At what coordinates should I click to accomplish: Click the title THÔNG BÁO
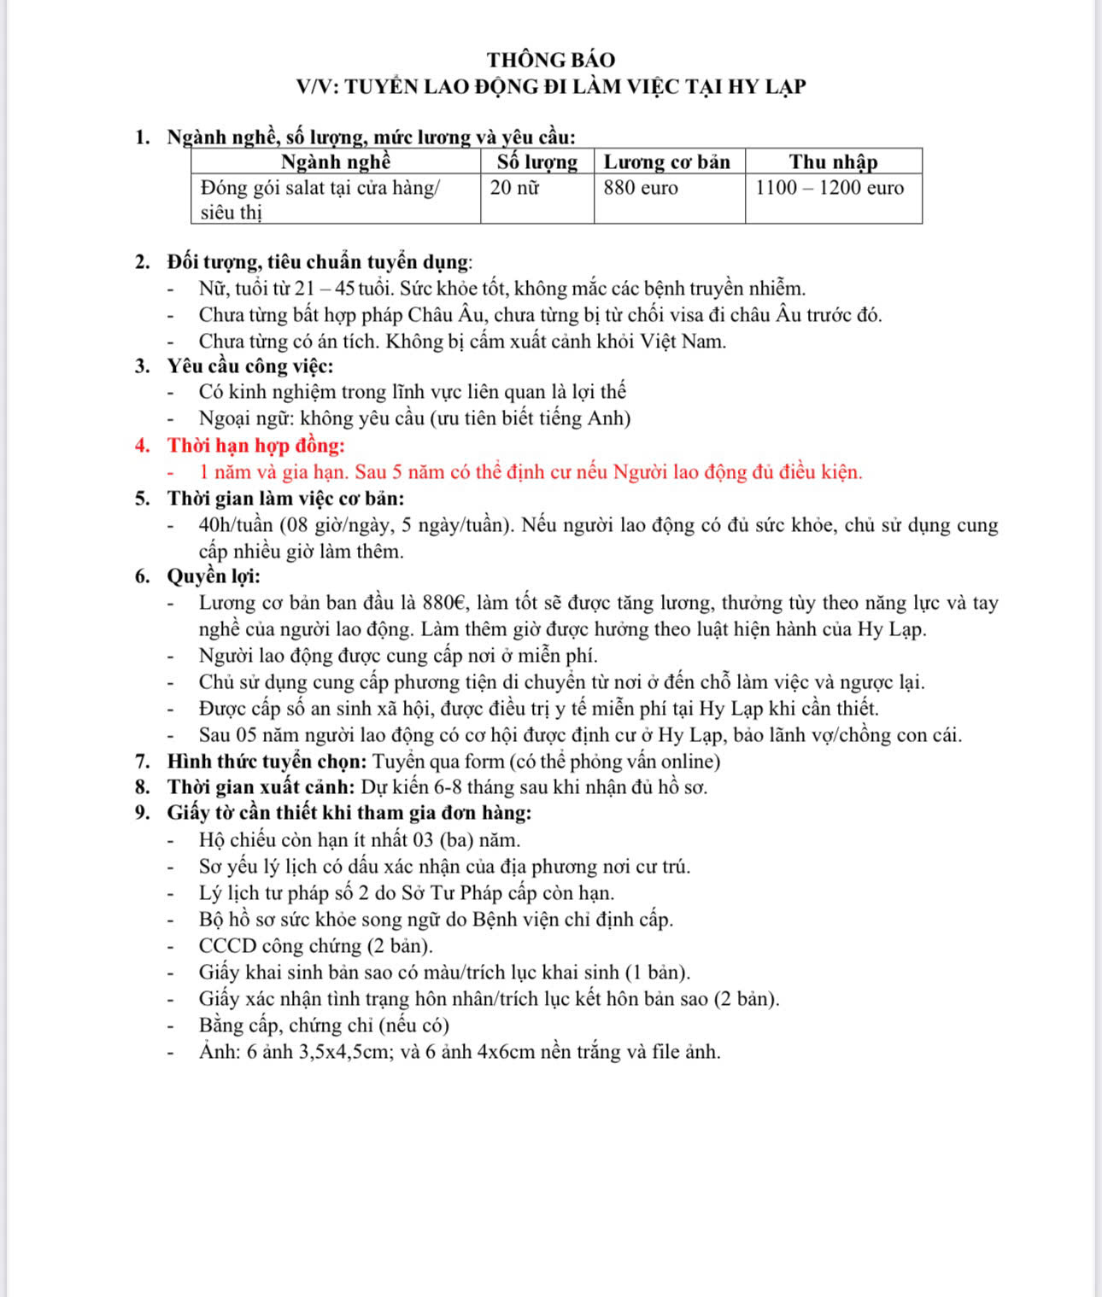[551, 60]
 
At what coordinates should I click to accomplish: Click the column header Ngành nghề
[336, 161]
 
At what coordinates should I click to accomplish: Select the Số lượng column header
[537, 161]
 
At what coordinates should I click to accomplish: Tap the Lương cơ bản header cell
[667, 161]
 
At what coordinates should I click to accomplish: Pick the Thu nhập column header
[833, 161]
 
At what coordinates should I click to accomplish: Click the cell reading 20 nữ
[514, 188]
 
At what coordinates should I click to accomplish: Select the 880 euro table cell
[640, 188]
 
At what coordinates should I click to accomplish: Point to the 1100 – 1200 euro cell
[829, 188]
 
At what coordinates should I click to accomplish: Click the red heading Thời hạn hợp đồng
[255, 445]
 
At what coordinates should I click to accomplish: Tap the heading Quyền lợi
[213, 576]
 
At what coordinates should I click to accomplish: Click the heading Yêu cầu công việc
[249, 366]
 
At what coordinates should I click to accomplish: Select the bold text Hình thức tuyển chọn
[267, 761]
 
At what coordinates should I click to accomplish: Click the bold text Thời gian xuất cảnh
[261, 786]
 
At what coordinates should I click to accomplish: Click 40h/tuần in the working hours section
[236, 524]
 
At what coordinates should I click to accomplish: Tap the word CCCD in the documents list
[227, 945]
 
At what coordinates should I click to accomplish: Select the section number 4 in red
[142, 445]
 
